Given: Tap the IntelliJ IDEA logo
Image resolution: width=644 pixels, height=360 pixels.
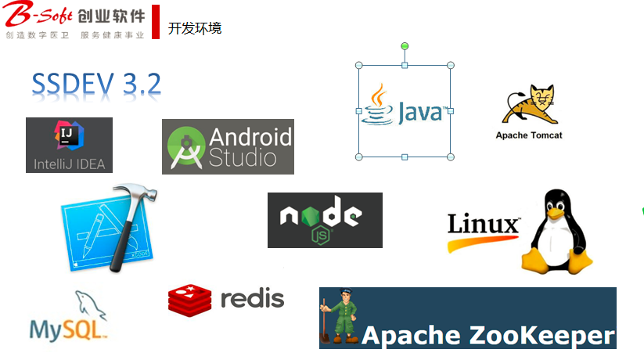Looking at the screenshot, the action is (x=69, y=145).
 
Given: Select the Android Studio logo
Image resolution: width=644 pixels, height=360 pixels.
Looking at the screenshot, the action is (x=228, y=146).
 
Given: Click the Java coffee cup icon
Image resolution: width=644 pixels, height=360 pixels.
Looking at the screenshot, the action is (x=378, y=106).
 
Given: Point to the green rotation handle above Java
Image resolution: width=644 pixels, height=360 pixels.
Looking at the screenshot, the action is (x=405, y=46).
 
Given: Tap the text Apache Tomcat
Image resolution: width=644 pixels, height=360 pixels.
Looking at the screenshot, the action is (x=529, y=135).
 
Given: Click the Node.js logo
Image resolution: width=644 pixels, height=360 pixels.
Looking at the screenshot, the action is (x=325, y=220).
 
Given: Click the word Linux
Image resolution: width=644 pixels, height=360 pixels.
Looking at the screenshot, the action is (x=484, y=225).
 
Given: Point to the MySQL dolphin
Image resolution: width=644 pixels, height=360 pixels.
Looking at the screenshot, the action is (x=88, y=305).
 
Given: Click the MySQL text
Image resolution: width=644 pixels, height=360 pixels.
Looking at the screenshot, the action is (x=66, y=328).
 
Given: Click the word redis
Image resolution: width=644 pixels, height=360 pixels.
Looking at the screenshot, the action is (x=252, y=298).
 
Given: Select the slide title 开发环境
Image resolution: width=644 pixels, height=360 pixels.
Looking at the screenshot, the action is (x=195, y=28).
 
